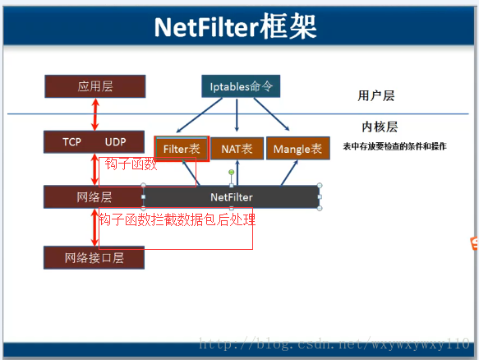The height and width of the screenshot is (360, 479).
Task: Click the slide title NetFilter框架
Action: (x=235, y=27)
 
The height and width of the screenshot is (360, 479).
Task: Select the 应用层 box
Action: (x=95, y=86)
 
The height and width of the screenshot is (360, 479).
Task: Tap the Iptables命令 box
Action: (x=241, y=86)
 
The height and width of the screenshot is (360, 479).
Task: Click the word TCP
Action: (x=71, y=142)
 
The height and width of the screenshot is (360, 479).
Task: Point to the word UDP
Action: (x=116, y=142)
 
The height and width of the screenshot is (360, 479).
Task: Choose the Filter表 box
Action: (x=182, y=149)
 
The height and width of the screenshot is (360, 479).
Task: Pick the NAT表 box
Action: (x=237, y=149)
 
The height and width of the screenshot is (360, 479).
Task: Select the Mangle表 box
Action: (x=298, y=149)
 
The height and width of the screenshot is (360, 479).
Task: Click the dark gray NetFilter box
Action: (x=231, y=197)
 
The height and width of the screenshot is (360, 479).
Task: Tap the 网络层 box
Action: (x=94, y=197)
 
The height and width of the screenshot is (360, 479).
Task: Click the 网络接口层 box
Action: (x=94, y=258)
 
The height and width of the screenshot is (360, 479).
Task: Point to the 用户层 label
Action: (x=376, y=95)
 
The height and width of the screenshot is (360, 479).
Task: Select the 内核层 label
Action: (x=380, y=127)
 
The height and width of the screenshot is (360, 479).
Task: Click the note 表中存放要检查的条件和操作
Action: (x=394, y=146)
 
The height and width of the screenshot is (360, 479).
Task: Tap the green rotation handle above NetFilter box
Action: (x=232, y=173)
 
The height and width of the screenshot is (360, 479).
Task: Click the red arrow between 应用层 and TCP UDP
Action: (x=95, y=114)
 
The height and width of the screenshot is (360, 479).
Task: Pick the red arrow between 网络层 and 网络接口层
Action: (x=95, y=228)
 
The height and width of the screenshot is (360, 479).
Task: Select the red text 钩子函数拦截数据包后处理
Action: (x=177, y=219)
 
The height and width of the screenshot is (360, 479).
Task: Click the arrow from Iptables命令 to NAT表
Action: (x=237, y=115)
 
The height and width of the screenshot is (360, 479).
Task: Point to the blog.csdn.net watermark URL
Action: (x=334, y=344)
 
